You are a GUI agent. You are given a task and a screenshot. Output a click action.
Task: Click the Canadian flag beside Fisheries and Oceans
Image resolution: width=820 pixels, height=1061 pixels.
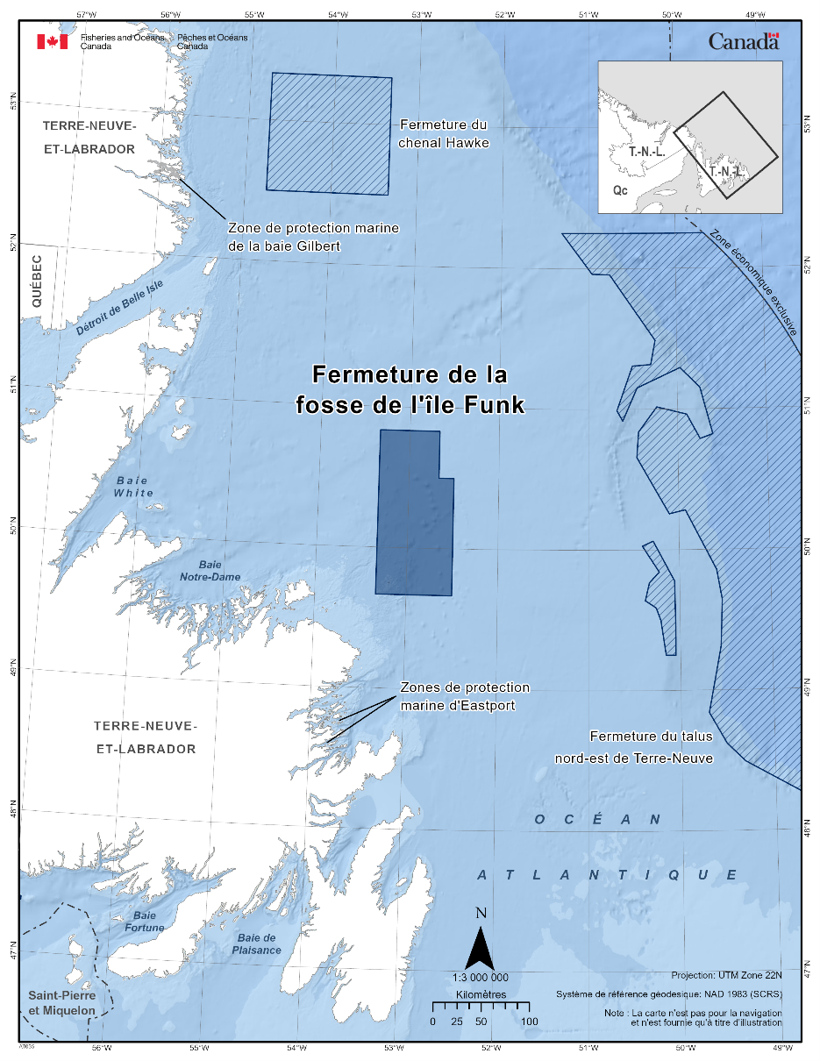52,41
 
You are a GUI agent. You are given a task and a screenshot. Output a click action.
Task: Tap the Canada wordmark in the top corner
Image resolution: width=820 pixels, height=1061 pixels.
743,41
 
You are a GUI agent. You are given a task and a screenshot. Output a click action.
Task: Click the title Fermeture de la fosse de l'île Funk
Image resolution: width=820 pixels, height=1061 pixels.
410,389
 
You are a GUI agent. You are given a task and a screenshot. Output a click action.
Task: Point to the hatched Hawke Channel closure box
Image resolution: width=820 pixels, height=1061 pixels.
329,133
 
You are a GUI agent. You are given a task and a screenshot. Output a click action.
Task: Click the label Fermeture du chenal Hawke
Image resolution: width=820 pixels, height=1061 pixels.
443,133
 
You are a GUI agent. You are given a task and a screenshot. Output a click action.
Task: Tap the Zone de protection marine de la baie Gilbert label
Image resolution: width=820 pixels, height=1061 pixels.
313,237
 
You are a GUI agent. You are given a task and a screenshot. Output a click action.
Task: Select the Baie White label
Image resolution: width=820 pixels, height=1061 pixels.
132,487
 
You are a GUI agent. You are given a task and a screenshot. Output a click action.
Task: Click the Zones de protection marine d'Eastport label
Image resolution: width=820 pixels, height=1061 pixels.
464,696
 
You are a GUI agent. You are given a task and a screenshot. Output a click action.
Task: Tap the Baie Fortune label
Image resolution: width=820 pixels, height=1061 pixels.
144,921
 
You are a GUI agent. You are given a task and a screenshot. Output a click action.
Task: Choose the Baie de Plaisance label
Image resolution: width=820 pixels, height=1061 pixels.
257,944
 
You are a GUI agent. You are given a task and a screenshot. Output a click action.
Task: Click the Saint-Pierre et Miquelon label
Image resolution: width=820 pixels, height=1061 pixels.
61,1002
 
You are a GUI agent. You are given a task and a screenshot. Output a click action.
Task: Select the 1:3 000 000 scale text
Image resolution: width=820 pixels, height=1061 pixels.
481,977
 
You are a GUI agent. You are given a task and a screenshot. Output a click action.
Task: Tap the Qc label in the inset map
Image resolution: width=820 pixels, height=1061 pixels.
619,189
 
